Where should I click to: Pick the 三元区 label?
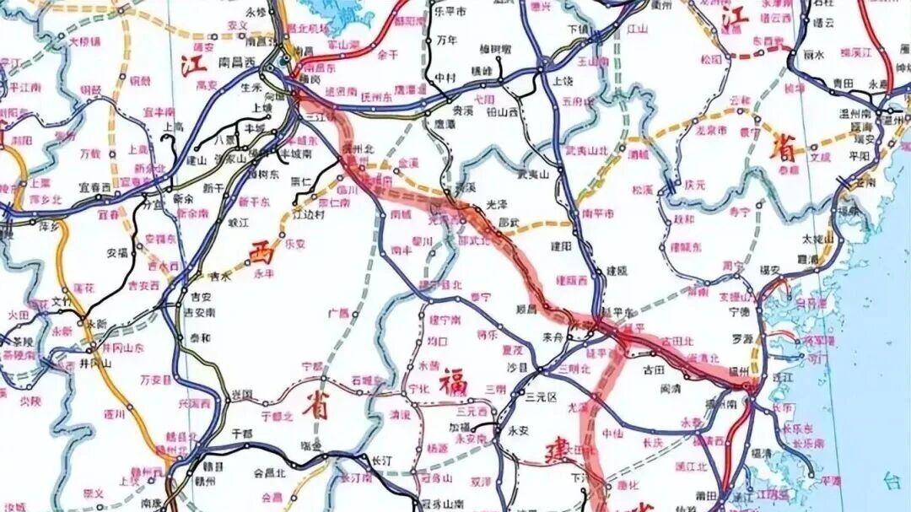(542, 396)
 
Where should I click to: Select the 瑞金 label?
(310, 445)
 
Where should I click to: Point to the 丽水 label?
(812, 54)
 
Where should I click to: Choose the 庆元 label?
(694, 184)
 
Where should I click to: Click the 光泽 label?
(497, 206)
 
